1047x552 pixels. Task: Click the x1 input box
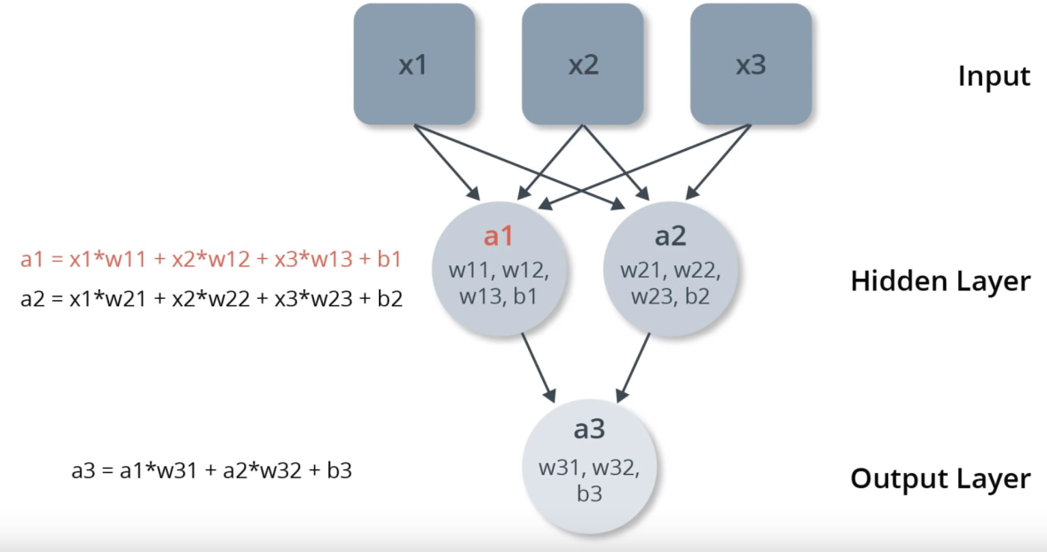(x=413, y=65)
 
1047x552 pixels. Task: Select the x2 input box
(x=582, y=65)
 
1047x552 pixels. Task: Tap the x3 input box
(x=751, y=65)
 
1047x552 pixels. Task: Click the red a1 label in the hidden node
(x=498, y=237)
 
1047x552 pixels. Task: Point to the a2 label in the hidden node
(x=670, y=236)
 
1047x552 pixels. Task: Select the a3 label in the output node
(x=589, y=430)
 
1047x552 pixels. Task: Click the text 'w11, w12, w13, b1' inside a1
(x=498, y=282)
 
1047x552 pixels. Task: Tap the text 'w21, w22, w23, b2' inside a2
(x=670, y=282)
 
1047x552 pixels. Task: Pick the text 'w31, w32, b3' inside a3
(x=589, y=479)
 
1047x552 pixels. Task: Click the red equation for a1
(x=211, y=260)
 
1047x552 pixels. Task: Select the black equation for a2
(x=211, y=299)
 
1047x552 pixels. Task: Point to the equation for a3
(x=211, y=470)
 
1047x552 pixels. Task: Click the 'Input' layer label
(x=994, y=76)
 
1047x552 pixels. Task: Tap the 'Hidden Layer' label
(x=941, y=282)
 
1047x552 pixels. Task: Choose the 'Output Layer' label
(x=941, y=479)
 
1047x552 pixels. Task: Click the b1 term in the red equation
(x=390, y=260)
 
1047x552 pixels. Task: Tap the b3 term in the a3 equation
(x=339, y=470)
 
